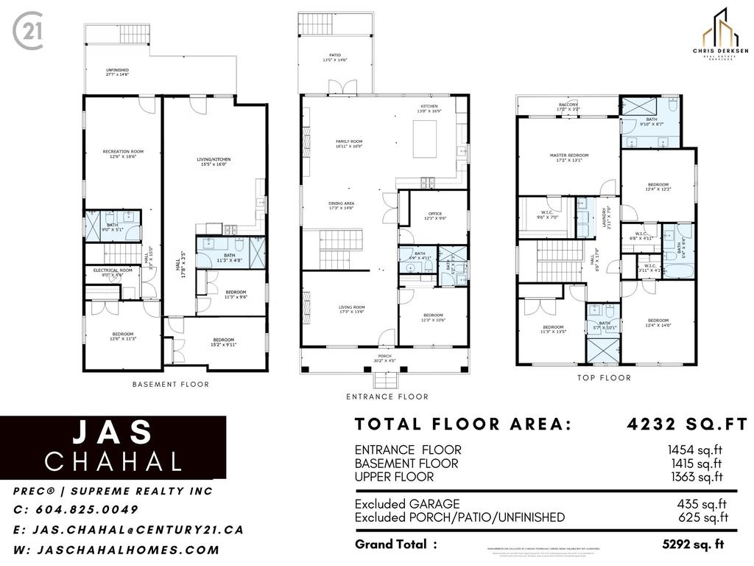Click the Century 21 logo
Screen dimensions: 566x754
27,32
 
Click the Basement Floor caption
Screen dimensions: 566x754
170,384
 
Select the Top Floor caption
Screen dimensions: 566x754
604,377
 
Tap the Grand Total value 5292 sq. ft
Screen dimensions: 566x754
693,545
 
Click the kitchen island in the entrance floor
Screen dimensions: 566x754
425,137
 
